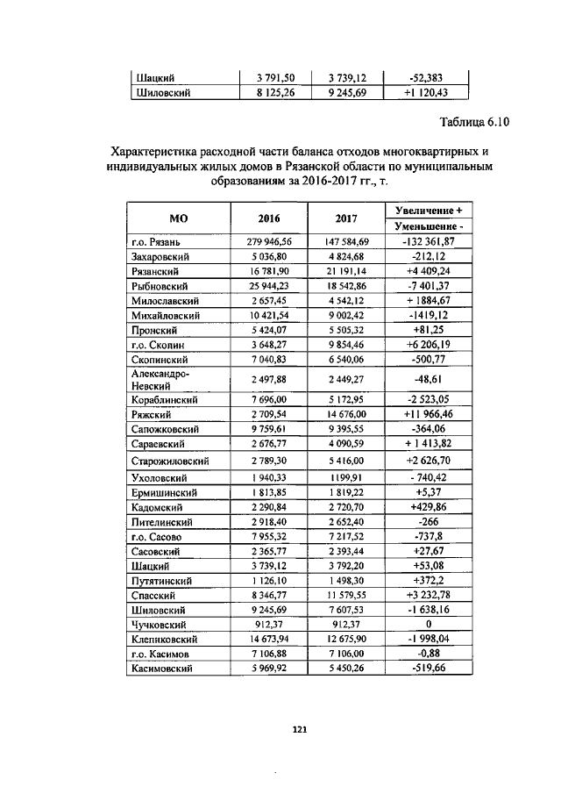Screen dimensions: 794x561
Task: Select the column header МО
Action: (178, 218)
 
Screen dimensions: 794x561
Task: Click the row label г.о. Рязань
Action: (156, 241)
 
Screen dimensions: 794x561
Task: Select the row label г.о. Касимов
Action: (161, 655)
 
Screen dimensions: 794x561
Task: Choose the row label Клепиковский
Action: (167, 640)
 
